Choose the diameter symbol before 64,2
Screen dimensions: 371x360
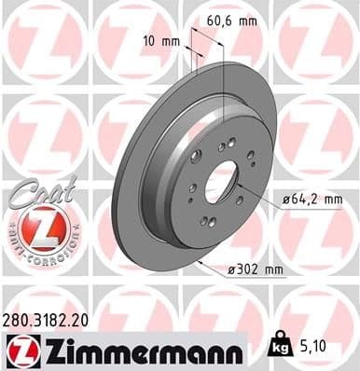[284, 199]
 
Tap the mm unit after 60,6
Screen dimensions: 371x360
[247, 18]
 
